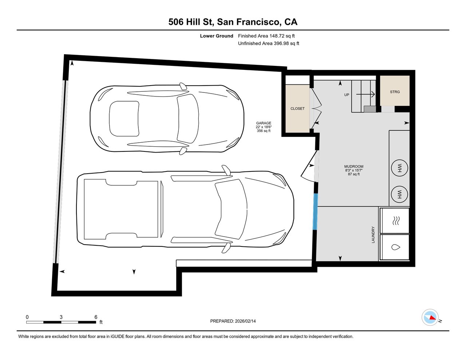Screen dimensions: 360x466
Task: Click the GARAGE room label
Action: (x=264, y=123)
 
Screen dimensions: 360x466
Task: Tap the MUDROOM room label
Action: (x=354, y=167)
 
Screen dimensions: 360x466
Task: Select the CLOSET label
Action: (x=297, y=108)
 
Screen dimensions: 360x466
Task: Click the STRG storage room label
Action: (x=395, y=92)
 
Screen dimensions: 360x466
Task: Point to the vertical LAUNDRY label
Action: (x=373, y=235)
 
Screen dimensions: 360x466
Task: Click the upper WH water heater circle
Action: (x=399, y=168)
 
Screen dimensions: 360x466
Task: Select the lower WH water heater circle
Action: (x=399, y=193)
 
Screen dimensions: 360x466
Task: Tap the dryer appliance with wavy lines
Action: (x=395, y=221)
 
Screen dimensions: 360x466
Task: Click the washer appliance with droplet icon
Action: (x=395, y=247)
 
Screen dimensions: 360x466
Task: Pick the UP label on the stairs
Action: (x=347, y=95)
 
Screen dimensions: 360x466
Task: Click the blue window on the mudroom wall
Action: (x=315, y=211)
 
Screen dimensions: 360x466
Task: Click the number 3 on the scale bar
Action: (x=61, y=317)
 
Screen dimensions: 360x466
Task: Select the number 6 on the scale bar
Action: (x=96, y=317)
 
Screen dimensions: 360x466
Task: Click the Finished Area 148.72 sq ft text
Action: (x=266, y=36)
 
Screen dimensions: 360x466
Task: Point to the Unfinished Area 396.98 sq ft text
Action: (x=268, y=43)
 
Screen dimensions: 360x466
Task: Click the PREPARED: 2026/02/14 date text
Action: (x=233, y=321)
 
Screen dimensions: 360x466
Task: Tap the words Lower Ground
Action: (x=216, y=36)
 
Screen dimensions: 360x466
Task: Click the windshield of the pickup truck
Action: (x=229, y=210)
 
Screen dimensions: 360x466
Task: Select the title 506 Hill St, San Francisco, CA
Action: (x=233, y=22)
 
